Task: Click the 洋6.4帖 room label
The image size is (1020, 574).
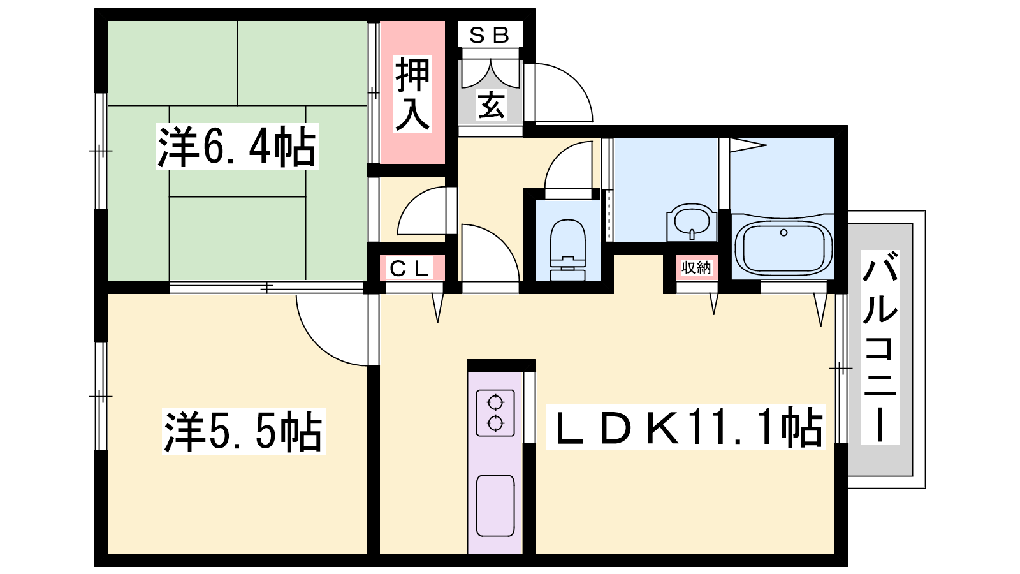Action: pyautogui.click(x=237, y=147)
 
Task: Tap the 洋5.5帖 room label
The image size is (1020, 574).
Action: pyautogui.click(x=244, y=431)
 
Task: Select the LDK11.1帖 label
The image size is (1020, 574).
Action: pyautogui.click(x=686, y=427)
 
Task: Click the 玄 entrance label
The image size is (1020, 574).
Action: pyautogui.click(x=491, y=105)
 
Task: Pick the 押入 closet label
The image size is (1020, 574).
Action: pyautogui.click(x=412, y=94)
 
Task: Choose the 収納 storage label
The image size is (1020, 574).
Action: pyautogui.click(x=696, y=267)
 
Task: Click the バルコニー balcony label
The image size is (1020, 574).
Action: pyautogui.click(x=880, y=347)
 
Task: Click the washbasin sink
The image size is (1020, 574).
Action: pyautogui.click(x=692, y=223)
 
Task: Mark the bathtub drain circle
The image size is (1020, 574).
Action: pyautogui.click(x=783, y=233)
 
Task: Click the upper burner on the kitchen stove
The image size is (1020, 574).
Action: pyautogui.click(x=495, y=402)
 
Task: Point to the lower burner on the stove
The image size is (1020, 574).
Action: pyautogui.click(x=495, y=423)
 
